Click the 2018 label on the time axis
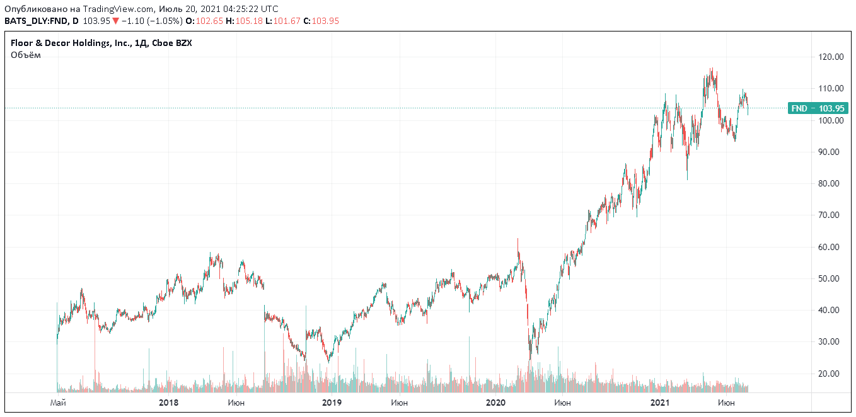click(168, 402)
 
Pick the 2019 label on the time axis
click(332, 402)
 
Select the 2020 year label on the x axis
click(496, 402)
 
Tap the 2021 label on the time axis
click(660, 402)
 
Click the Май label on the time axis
click(58, 402)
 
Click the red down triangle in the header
click(115, 21)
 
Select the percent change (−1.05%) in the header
click(163, 21)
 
